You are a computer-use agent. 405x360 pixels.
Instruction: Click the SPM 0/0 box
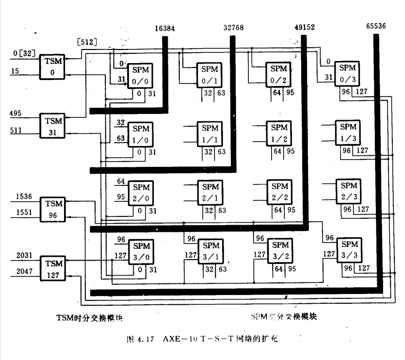(141, 77)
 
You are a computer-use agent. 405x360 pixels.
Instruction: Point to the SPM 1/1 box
(210, 133)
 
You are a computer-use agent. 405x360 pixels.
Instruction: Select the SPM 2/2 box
(279, 192)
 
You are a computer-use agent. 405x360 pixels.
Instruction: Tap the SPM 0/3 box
(348, 74)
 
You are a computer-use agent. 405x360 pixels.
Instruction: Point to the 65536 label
(376, 26)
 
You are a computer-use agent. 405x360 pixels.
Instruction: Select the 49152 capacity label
(305, 28)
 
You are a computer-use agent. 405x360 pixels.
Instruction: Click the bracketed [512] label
(87, 42)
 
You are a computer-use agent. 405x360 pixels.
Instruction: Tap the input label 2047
(24, 272)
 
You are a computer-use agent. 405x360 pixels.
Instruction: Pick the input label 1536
(24, 196)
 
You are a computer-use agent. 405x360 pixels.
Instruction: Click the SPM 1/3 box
(348, 132)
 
